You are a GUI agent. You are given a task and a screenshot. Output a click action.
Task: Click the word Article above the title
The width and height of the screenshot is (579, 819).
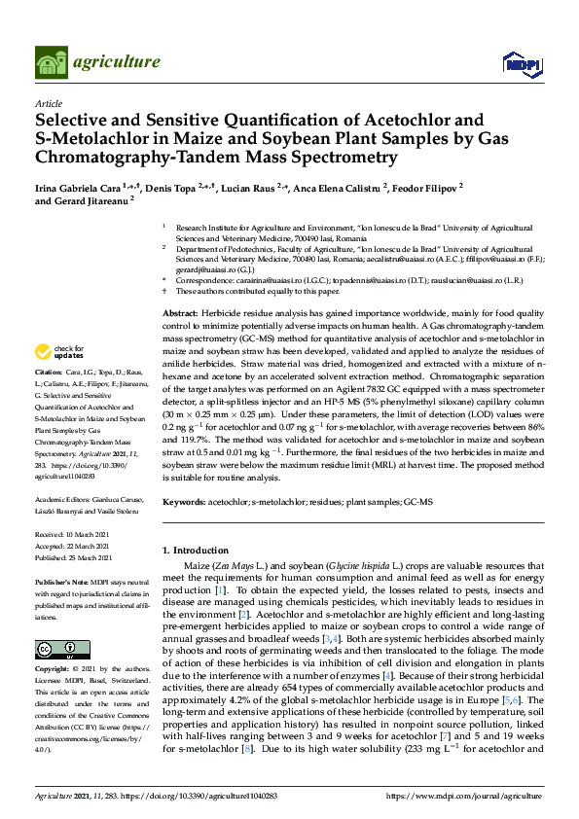click(48, 103)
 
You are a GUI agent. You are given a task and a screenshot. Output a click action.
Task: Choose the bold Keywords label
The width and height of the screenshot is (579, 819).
click(184, 501)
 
